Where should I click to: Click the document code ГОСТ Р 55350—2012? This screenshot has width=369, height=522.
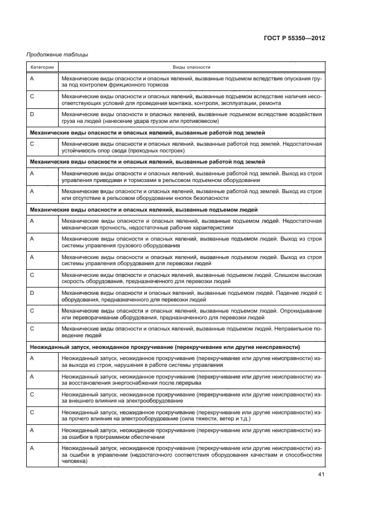tap(294, 38)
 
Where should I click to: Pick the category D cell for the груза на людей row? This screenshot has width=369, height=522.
tap(32, 114)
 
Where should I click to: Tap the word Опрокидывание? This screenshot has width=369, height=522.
tap(300, 310)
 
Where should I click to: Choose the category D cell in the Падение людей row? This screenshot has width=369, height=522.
tap(32, 293)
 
